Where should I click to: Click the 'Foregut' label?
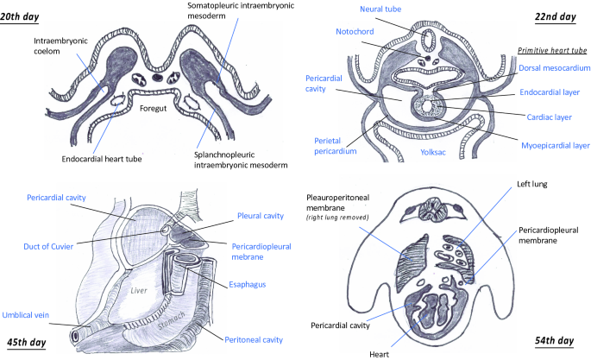160,109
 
